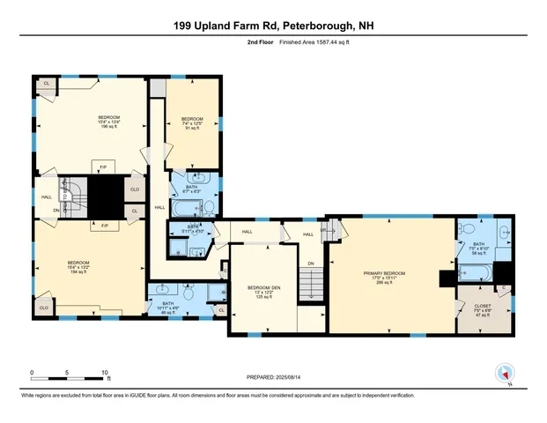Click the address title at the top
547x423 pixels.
[273, 27]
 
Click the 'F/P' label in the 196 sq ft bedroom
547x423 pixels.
[104, 167]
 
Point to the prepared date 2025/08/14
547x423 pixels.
[273, 377]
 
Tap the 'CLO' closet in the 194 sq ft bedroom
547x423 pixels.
[43, 308]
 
